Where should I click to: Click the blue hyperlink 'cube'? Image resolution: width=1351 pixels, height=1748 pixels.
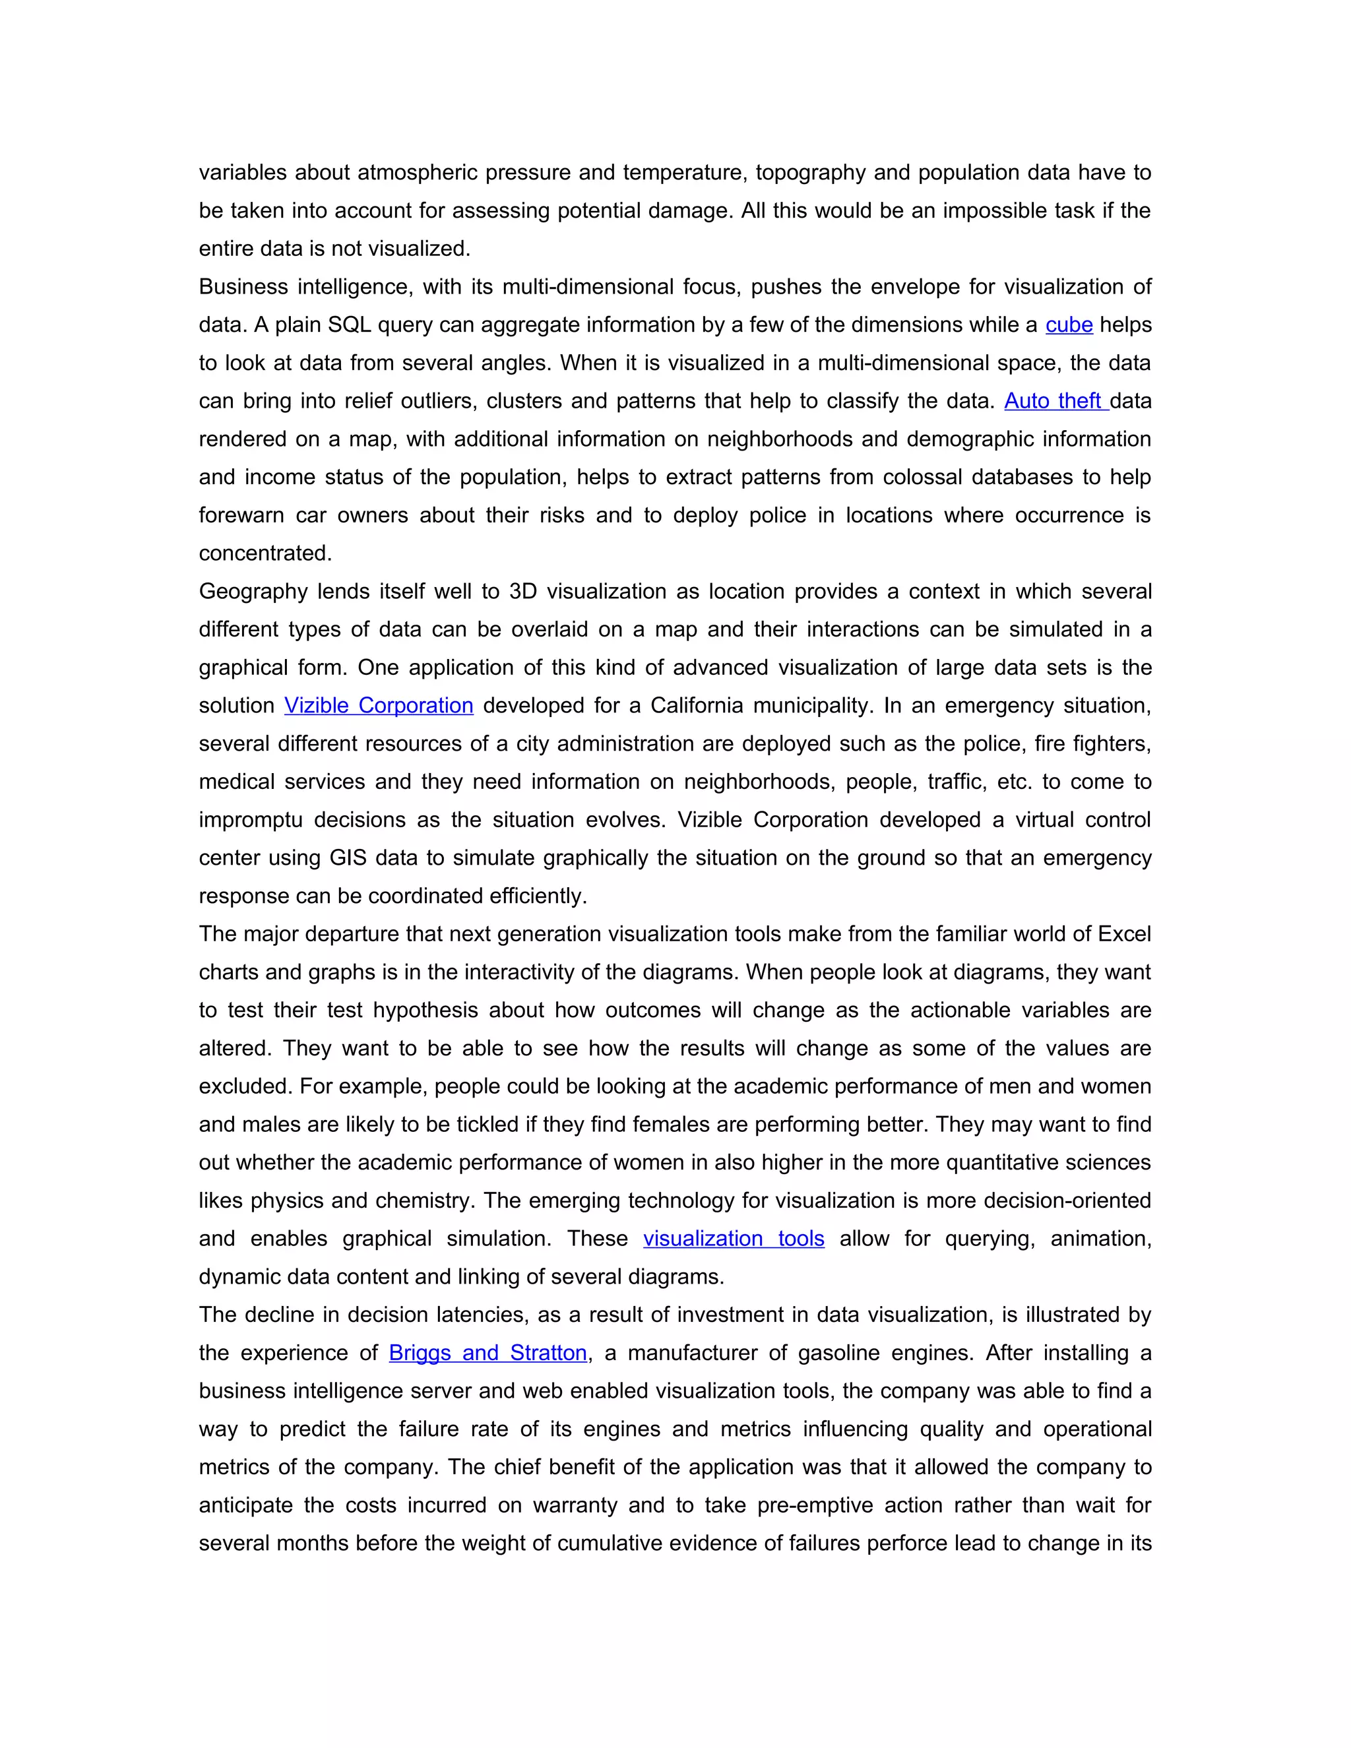[1069, 325]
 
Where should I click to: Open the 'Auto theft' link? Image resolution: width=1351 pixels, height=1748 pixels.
[1054, 401]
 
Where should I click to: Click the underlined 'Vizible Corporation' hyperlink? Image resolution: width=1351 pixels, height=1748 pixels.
[379, 706]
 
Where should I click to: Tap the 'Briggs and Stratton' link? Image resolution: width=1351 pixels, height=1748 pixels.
[487, 1354]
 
